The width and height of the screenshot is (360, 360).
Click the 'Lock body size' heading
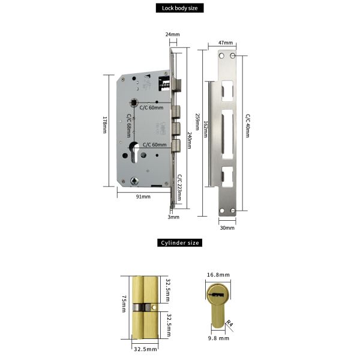tap(180, 8)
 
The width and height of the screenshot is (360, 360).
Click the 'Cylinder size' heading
tap(180, 243)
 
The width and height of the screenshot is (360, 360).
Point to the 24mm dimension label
tap(173, 35)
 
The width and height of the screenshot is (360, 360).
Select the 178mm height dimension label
tap(104, 125)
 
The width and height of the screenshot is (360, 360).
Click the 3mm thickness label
tap(173, 217)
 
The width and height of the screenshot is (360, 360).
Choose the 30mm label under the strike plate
tap(226, 228)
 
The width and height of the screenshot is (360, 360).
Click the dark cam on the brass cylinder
tap(140, 307)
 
